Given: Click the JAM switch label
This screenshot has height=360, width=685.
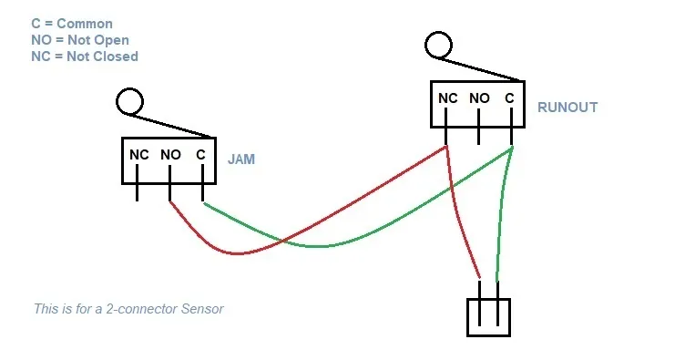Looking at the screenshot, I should [241, 159].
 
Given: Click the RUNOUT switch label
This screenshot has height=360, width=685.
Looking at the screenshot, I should [567, 108].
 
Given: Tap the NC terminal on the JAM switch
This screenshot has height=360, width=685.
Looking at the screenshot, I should [138, 155].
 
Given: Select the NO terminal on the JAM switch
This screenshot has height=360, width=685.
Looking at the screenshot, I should [170, 155].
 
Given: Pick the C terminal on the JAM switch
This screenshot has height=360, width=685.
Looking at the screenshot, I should [200, 155].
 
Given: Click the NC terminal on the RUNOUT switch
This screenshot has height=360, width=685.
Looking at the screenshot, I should [447, 98].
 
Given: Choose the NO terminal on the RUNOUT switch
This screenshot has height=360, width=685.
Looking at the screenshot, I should [479, 98].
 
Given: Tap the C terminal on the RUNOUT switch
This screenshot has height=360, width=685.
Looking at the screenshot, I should [510, 98].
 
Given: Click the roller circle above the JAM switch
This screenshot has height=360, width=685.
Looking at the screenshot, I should [130, 100].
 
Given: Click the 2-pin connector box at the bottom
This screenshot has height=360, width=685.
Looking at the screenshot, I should [488, 317].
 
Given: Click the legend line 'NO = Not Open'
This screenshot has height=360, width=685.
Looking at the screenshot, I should [79, 40].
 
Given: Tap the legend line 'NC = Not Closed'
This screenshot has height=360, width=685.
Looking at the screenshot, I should [84, 56].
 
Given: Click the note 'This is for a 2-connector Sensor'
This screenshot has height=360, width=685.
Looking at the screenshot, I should [128, 309].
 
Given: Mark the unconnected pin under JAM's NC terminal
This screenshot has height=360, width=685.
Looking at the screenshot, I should [138, 192].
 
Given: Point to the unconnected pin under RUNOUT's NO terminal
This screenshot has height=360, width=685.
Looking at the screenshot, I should [479, 136].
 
